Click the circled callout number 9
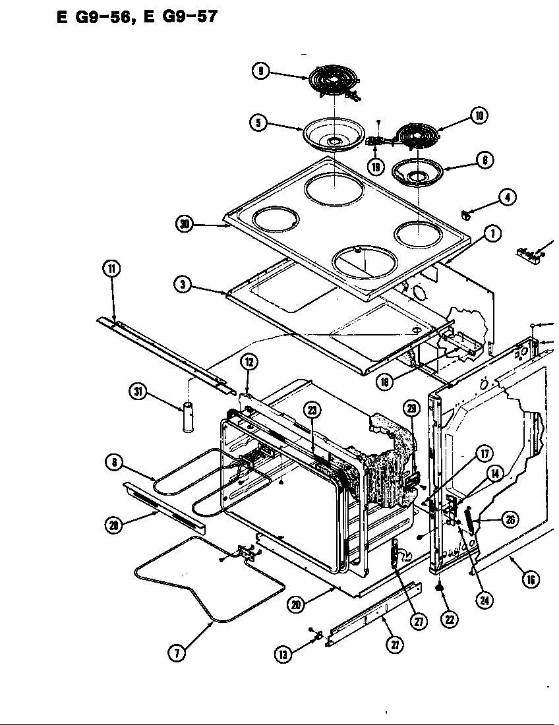(x=262, y=71)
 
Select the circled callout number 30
(x=185, y=225)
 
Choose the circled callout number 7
(x=176, y=653)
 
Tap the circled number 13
(x=283, y=654)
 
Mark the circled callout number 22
(x=450, y=620)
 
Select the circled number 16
(x=529, y=579)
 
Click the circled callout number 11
(x=111, y=268)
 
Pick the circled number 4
(x=507, y=196)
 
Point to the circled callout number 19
(x=376, y=166)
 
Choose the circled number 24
(x=485, y=600)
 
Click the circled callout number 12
(x=249, y=362)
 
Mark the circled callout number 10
(x=479, y=116)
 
